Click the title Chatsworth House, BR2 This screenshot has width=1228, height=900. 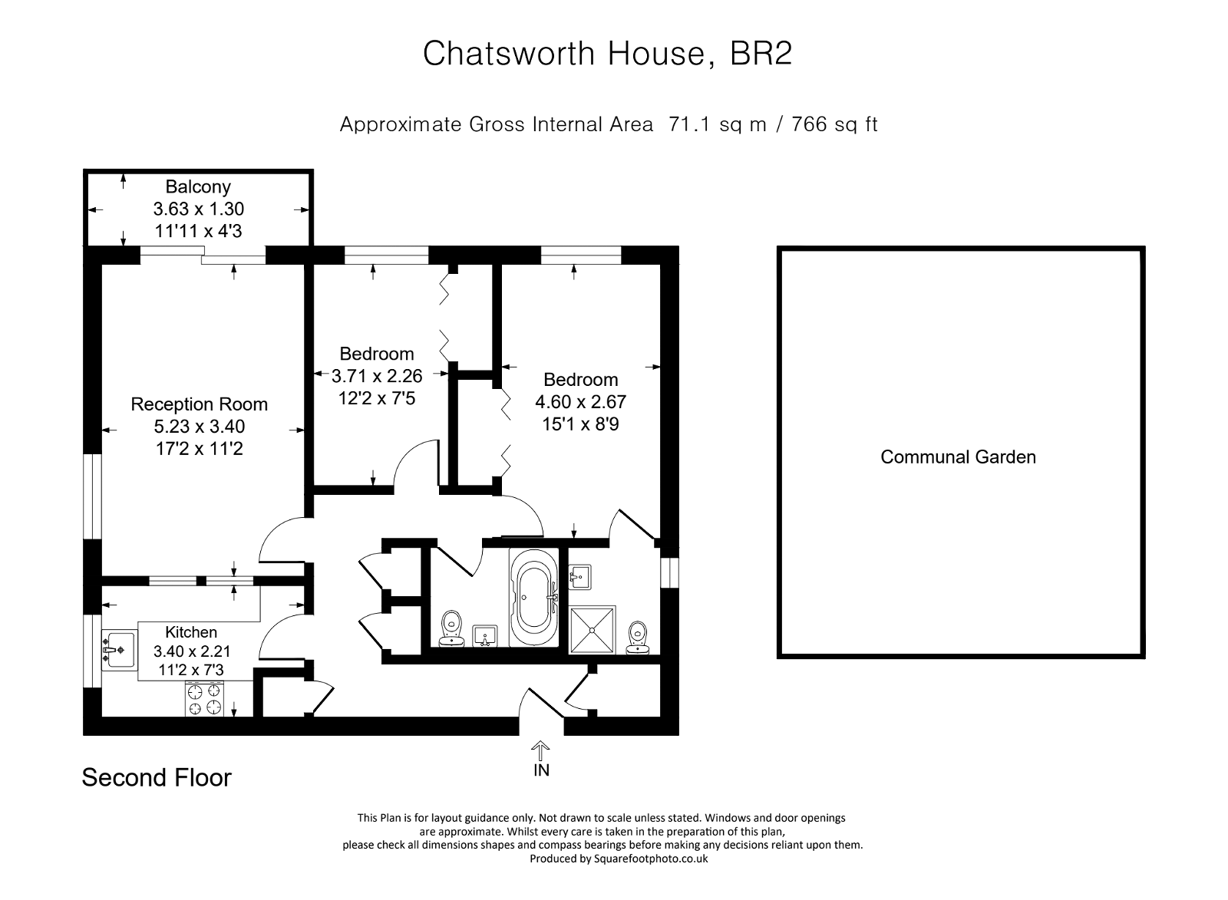(x=607, y=54)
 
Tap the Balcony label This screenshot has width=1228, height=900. (x=198, y=186)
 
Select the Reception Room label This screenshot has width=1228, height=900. (x=199, y=404)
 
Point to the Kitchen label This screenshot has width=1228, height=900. (x=191, y=632)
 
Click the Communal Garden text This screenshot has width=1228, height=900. (x=958, y=457)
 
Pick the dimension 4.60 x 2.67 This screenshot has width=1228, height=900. (x=580, y=401)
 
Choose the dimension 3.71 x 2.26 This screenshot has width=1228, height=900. (x=377, y=376)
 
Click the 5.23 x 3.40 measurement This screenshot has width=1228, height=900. (x=199, y=427)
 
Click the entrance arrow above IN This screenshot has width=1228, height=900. (x=541, y=749)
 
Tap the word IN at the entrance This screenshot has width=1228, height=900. (x=541, y=770)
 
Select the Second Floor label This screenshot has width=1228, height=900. (x=157, y=778)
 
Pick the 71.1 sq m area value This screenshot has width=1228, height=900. (x=718, y=124)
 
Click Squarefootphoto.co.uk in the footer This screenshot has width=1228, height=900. (x=650, y=859)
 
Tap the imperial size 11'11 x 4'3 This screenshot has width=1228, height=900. (x=198, y=230)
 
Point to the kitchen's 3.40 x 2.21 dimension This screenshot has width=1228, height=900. (x=192, y=651)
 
